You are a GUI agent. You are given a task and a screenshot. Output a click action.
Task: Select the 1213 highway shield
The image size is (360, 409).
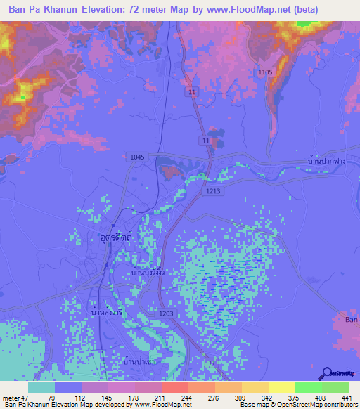tap(214, 190)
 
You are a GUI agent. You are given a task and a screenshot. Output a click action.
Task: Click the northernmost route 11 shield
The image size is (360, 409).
tap(192, 92)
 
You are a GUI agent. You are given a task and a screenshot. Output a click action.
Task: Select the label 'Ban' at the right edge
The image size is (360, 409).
tap(352, 320)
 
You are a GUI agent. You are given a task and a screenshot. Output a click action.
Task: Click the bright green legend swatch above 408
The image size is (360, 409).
tap(308, 387)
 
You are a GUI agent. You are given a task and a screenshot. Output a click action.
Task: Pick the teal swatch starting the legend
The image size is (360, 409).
tap(41, 387)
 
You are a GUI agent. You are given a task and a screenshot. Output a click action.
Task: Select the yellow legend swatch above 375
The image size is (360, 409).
tap(281, 387)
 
